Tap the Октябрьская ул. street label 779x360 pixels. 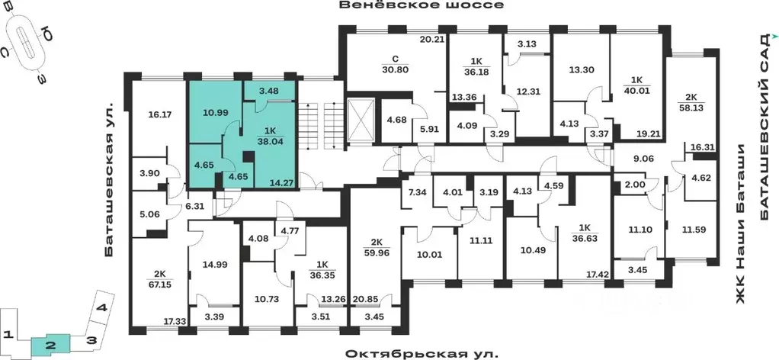pyautogui.click(x=422, y=354)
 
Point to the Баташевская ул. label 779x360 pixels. pyautogui.click(x=111, y=178)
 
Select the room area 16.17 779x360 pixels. pyautogui.click(x=159, y=116)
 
